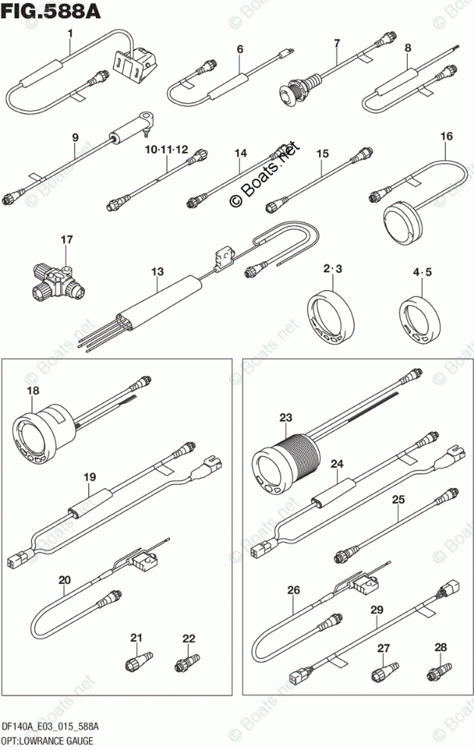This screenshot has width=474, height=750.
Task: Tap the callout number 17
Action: (x=68, y=240)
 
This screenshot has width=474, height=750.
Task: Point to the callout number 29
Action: (x=376, y=609)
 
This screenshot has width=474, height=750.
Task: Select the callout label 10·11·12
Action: (x=166, y=149)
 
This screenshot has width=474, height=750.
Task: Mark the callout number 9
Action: (x=75, y=137)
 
